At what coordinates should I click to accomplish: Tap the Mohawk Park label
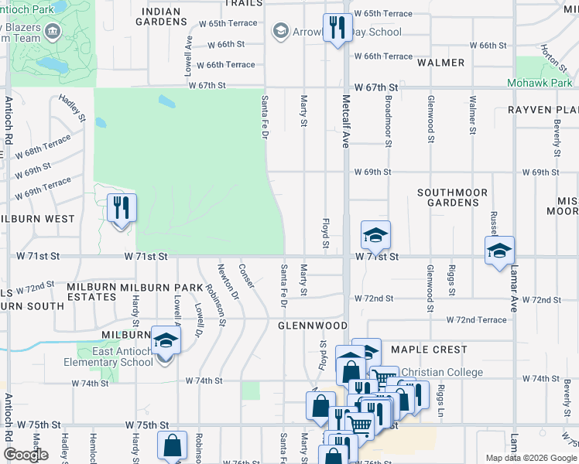tap(540, 83)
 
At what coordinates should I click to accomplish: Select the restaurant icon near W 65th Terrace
tap(336, 29)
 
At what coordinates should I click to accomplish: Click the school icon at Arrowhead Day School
tap(280, 32)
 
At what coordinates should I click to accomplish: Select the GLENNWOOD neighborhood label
tap(313, 326)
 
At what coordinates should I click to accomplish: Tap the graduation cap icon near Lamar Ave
tap(500, 251)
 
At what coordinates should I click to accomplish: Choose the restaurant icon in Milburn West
tap(122, 208)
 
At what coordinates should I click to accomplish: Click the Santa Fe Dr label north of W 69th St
tap(265, 117)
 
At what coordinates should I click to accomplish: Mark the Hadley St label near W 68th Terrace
tap(70, 107)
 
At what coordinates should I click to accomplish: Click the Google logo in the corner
tap(26, 455)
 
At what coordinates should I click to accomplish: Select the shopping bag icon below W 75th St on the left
tap(172, 446)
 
